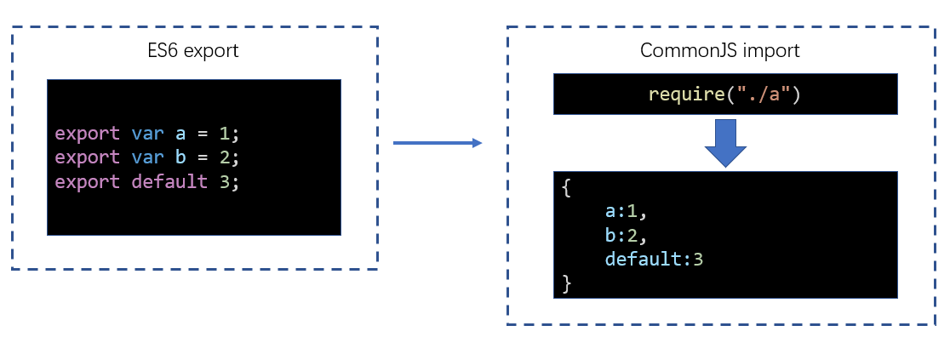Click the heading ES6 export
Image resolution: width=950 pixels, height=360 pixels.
pyautogui.click(x=193, y=50)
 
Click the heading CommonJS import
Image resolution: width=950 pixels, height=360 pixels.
pyautogui.click(x=719, y=50)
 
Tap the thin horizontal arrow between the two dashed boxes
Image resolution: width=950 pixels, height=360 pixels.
pyautogui.click(x=437, y=143)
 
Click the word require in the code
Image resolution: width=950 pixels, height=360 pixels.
pyautogui.click(x=685, y=94)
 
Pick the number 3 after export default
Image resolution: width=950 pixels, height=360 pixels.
pyautogui.click(x=223, y=181)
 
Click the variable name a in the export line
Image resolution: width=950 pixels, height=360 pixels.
pyautogui.click(x=180, y=134)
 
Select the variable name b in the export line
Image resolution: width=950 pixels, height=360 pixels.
pyautogui.click(x=180, y=157)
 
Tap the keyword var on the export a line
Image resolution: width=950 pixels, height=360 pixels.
pyautogui.click(x=146, y=134)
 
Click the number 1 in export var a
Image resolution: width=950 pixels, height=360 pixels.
pyautogui.click(x=223, y=134)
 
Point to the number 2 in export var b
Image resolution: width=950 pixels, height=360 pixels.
pyautogui.click(x=223, y=157)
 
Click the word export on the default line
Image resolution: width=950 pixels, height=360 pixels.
pyautogui.click(x=87, y=181)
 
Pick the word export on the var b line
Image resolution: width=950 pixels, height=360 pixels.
pyautogui.click(x=87, y=157)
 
